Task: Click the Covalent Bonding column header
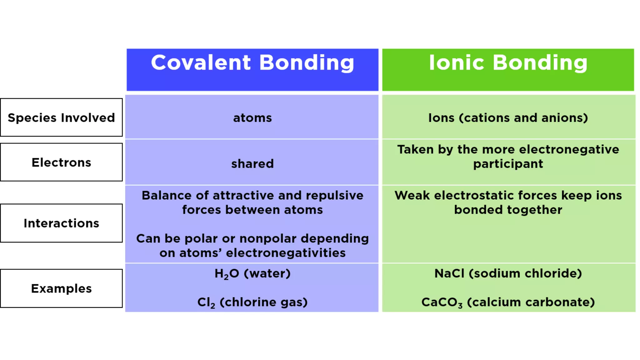pos(252,63)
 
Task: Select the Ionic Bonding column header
pos(508,63)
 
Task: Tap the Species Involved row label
pos(61,118)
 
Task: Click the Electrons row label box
pos(61,162)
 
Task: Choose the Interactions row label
pos(61,223)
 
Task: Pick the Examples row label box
pos(61,288)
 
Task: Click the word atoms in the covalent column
pos(252,118)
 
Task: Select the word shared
pos(252,164)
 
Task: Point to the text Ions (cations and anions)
pos(508,118)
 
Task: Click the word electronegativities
pos(286,253)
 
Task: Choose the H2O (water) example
pos(252,274)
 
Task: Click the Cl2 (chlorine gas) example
pos(252,302)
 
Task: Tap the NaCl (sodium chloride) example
pos(508,274)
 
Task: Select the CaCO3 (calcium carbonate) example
pos(508,302)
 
